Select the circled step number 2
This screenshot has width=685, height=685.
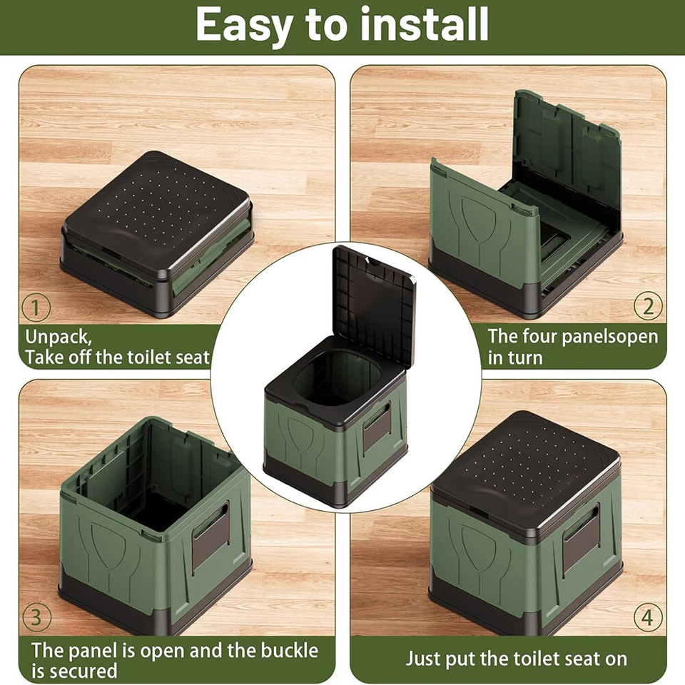tap(648, 307)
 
